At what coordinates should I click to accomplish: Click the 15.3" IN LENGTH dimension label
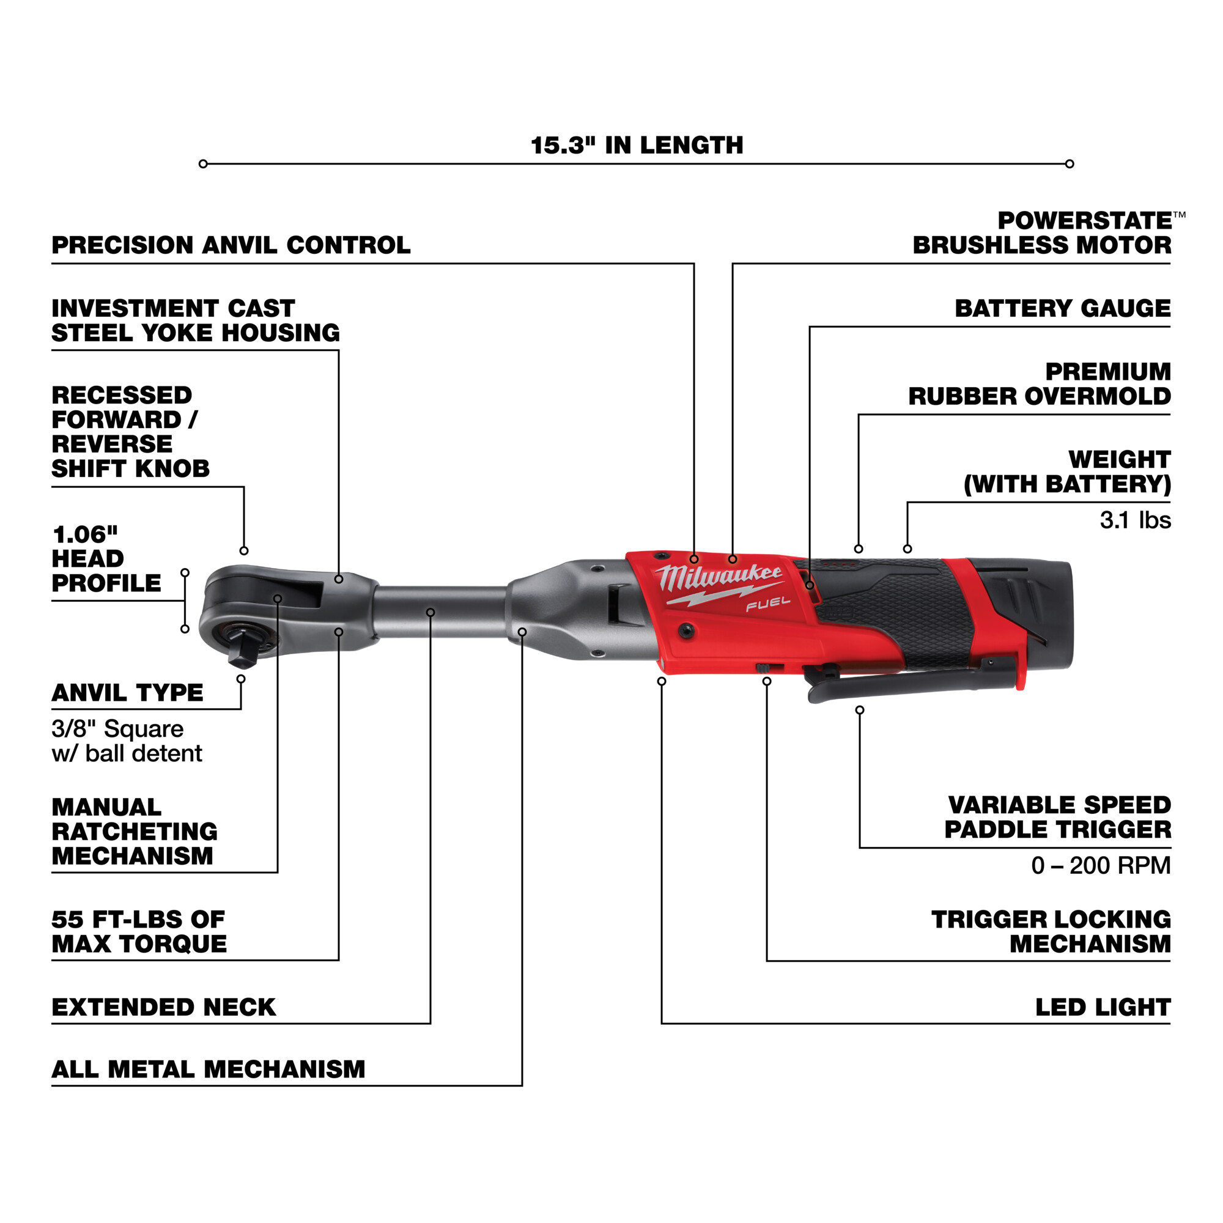pos(636,146)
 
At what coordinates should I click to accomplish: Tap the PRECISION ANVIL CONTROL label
pos(231,245)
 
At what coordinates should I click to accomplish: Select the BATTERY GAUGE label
pos(1062,308)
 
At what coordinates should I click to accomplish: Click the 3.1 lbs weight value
pos(1135,520)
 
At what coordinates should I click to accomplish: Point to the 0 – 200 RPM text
pos(1101,865)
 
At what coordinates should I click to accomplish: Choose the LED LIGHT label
pos(1103,1007)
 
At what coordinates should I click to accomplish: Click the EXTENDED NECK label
pos(164,1007)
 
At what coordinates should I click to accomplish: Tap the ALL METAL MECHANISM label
pos(209,1069)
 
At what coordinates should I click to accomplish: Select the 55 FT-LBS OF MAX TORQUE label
pos(139,931)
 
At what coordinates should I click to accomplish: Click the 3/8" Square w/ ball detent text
pos(127,741)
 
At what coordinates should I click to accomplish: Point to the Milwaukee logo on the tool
pos(719,577)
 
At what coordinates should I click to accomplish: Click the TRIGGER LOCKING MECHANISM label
pos(1051,931)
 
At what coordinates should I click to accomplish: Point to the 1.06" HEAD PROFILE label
pos(106,559)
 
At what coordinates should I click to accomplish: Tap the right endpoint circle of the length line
pos(1069,164)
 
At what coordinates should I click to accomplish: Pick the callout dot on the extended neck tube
pos(430,612)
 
